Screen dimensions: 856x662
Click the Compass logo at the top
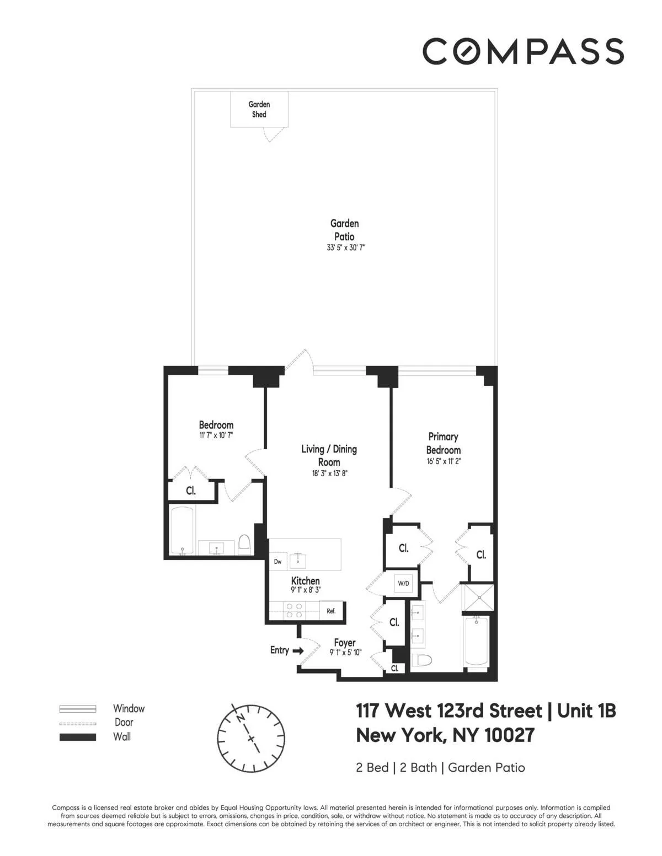pyautogui.click(x=522, y=51)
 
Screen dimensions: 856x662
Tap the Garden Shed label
pyautogui.click(x=259, y=109)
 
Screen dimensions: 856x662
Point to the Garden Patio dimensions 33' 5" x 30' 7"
pyautogui.click(x=345, y=248)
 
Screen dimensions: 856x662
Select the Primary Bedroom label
pyautogui.click(x=443, y=443)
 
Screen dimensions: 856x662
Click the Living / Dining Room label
pyautogui.click(x=329, y=455)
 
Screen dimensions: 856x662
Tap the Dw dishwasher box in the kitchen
pyautogui.click(x=278, y=562)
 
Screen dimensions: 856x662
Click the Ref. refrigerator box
pyautogui.click(x=331, y=611)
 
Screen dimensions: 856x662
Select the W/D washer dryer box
pyautogui.click(x=403, y=583)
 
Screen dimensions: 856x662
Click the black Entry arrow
pyautogui.click(x=298, y=650)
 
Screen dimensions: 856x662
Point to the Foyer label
pyautogui.click(x=345, y=643)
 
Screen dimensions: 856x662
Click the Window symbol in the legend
pyautogui.click(x=78, y=709)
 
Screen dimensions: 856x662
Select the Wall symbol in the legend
pyautogui.click(x=78, y=737)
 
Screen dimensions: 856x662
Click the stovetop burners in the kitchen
pyautogui.click(x=295, y=610)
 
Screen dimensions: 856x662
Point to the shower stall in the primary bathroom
pyautogui.click(x=478, y=597)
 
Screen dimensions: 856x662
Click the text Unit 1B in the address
pyautogui.click(x=586, y=711)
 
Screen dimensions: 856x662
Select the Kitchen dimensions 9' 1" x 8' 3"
pyautogui.click(x=306, y=590)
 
